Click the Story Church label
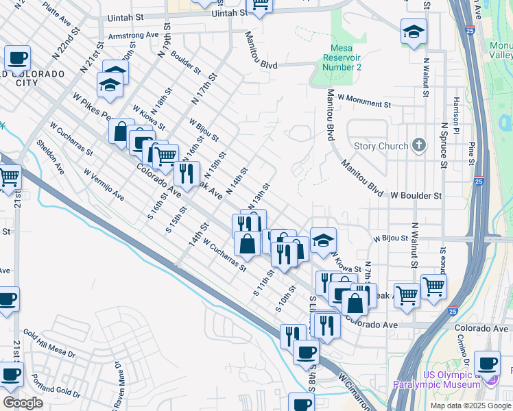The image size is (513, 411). point(381,146)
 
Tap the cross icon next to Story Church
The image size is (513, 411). point(419,145)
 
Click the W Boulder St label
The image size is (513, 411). point(416,195)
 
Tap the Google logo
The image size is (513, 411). point(23,403)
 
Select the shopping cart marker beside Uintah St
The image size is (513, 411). point(260,5)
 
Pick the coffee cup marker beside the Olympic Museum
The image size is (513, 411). point(488,364)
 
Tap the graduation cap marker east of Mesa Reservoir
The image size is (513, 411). point(414,32)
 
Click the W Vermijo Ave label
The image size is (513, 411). point(104,185)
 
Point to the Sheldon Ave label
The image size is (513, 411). point(50,157)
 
